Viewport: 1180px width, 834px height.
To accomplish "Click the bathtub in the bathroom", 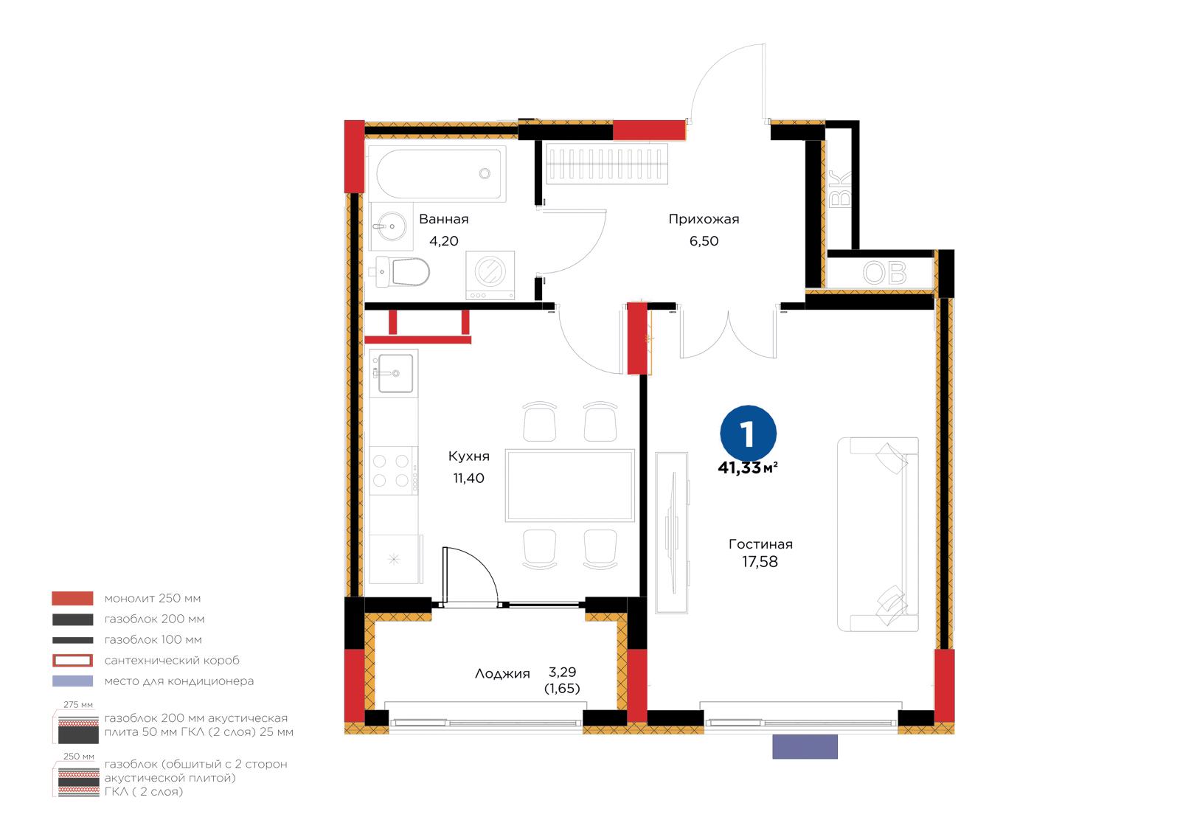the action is (437, 174).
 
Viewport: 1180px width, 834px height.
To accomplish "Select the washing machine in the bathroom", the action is (490, 275).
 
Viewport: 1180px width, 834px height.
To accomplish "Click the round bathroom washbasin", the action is (392, 226).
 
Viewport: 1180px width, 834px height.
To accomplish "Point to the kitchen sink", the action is (394, 373).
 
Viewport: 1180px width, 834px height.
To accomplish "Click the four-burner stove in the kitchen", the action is (394, 470).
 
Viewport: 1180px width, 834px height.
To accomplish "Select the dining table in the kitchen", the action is (569, 485).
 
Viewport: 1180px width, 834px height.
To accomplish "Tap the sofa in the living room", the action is (878, 534).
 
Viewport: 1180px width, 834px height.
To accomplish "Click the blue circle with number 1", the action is (748, 433).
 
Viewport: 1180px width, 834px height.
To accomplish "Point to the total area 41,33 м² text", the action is (748, 468).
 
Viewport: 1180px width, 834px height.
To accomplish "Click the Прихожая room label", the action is (704, 219).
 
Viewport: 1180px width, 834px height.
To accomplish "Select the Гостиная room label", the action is (760, 544).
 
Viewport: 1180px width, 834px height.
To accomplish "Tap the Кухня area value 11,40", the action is (469, 479).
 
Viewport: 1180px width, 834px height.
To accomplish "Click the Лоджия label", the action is (502, 674).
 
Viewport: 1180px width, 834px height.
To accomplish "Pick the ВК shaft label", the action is (841, 189).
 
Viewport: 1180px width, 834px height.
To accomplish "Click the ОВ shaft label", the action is (884, 273).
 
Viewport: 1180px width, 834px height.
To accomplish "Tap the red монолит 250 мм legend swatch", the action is (73, 599).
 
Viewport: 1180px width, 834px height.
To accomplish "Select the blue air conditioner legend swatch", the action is (73, 681).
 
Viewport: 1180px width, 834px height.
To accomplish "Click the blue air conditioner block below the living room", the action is (805, 747).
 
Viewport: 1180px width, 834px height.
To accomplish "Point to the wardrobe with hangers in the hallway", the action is (607, 164).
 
